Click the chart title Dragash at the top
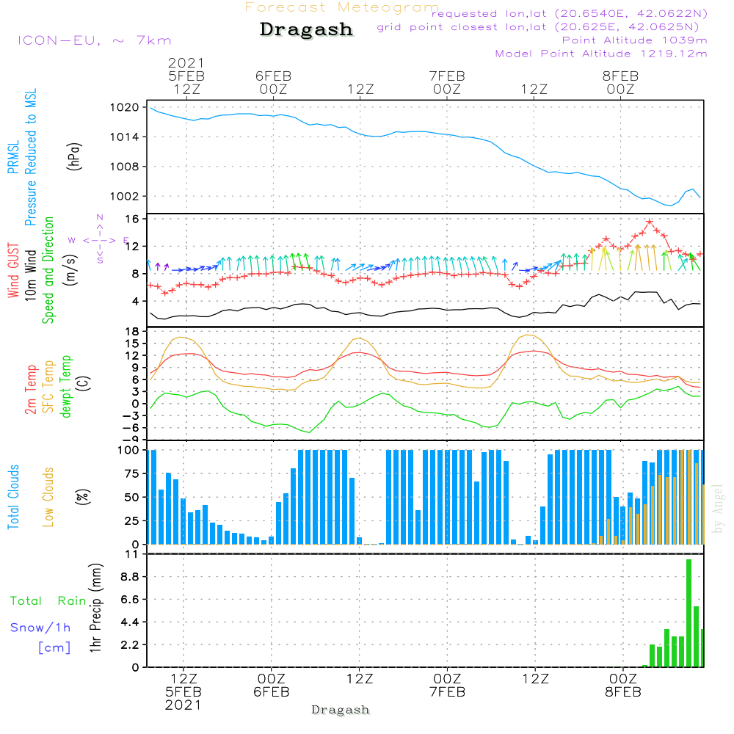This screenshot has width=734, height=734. [x=306, y=30]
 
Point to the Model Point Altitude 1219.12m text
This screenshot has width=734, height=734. [x=601, y=54]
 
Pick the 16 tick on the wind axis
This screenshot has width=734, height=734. [x=133, y=219]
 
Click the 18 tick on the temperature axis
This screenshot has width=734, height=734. [x=133, y=332]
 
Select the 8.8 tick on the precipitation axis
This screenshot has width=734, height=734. [x=129, y=578]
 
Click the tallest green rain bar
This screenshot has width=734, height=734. [x=688, y=613]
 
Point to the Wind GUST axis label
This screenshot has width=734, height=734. [x=13, y=271]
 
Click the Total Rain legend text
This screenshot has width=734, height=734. [x=48, y=601]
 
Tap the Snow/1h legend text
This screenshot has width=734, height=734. [x=40, y=628]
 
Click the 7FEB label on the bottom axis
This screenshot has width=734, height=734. [x=446, y=691]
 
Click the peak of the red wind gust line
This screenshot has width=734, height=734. [x=650, y=222]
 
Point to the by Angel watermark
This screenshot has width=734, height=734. [x=718, y=508]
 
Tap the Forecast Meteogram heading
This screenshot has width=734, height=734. [x=342, y=7]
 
